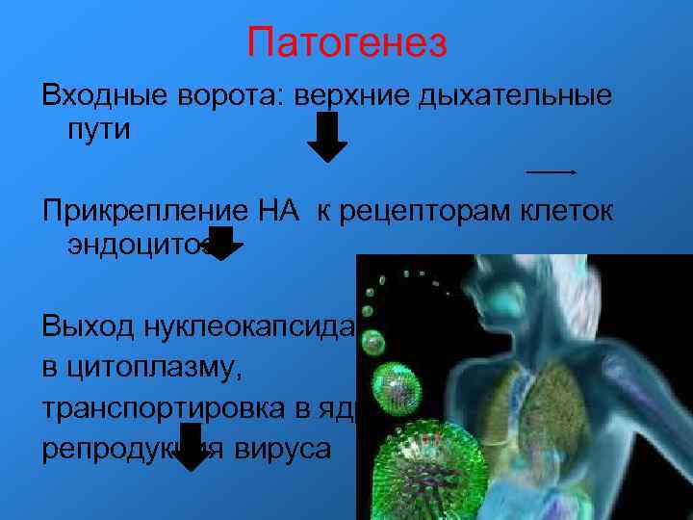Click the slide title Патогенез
pos(346,42)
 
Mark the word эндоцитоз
pos(140,246)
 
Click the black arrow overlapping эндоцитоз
pos(222,245)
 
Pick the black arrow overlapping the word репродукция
pos(193,449)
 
